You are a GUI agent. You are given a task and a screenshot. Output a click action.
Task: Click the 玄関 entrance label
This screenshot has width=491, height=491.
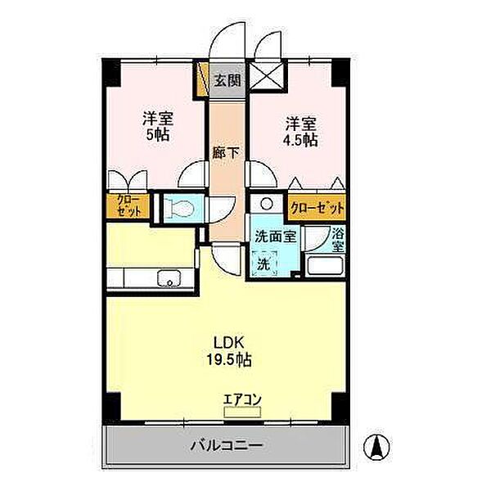(227, 80)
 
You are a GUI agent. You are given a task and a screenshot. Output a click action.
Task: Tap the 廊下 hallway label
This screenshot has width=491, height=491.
(227, 152)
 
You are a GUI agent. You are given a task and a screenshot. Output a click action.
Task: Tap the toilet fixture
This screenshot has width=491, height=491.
(180, 208)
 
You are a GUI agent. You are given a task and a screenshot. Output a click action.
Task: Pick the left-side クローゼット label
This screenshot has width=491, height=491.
(128, 205)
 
